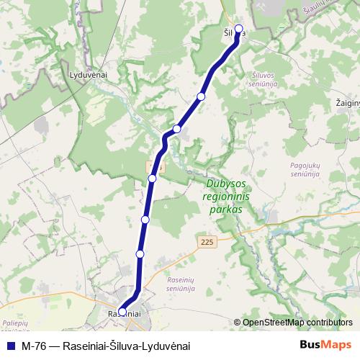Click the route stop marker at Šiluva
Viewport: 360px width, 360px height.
239,30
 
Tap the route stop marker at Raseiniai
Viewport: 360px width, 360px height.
122,312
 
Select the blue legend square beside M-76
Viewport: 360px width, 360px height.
10,346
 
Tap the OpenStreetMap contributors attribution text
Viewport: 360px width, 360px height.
297,323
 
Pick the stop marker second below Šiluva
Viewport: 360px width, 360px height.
176,129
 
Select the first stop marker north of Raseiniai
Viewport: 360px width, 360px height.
140,254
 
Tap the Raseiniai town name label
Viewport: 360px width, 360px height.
124,315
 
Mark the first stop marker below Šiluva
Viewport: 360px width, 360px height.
202,96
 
